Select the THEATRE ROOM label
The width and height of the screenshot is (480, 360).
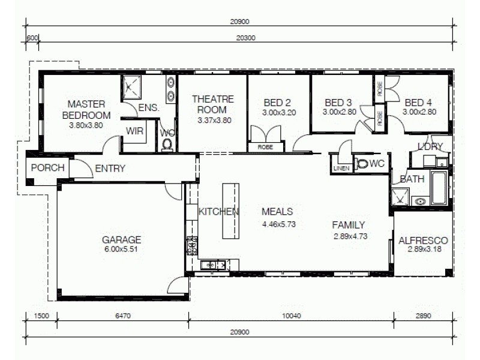pyautogui.click(x=214, y=104)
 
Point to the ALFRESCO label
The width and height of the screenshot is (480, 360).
pyautogui.click(x=423, y=241)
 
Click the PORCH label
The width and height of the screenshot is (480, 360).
pyautogui.click(x=47, y=168)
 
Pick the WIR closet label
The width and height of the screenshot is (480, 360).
pyautogui.click(x=135, y=131)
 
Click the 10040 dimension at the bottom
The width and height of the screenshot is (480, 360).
pyautogui.click(x=291, y=315)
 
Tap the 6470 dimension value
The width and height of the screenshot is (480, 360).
pyautogui.click(x=122, y=315)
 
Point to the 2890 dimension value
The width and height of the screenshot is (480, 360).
pyautogui.click(x=423, y=315)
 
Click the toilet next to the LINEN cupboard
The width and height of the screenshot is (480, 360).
pyautogui.click(x=362, y=163)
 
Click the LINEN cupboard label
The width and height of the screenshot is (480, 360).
pyautogui.click(x=341, y=169)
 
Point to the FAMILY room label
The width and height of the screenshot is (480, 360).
pyautogui.click(x=349, y=226)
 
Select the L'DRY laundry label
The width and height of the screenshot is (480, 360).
pyautogui.click(x=430, y=146)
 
